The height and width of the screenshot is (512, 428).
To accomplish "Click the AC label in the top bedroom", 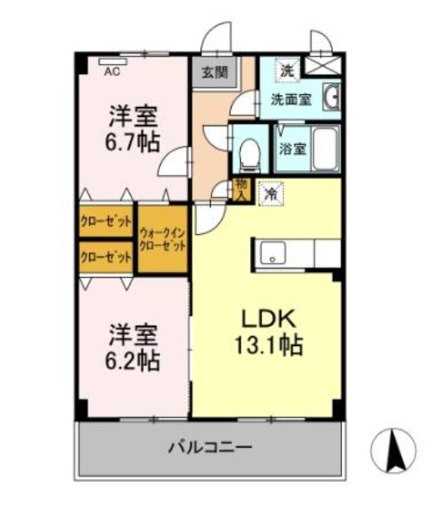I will tap(110, 72).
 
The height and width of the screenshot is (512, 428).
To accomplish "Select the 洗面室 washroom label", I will tap(290, 99).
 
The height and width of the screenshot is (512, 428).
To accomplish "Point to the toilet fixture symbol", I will tap(249, 152).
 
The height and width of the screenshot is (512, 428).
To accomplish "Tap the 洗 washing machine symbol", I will tap(287, 70).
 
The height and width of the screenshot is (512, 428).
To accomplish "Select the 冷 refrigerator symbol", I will tap(271, 193).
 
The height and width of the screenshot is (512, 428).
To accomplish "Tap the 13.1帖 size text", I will tap(269, 344).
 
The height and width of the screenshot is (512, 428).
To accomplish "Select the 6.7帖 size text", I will tap(132, 141).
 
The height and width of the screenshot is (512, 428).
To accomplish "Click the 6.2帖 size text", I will tap(132, 360).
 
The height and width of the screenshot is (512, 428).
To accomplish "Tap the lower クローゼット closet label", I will tap(106, 258).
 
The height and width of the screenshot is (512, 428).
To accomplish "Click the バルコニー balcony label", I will tap(211, 448).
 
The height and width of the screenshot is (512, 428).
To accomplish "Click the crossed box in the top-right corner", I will tap(324, 64).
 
